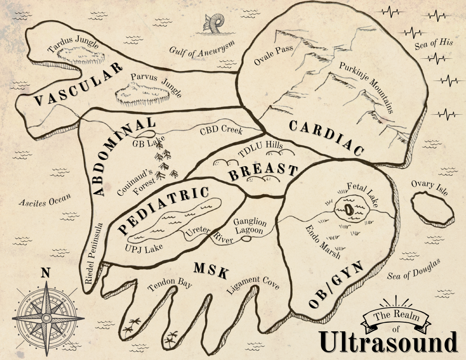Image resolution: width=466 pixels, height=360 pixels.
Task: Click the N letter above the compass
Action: click(45, 273)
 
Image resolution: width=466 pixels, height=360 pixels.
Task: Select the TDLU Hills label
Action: click(261, 149)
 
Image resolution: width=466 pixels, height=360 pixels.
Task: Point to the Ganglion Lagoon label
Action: click(249, 226)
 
